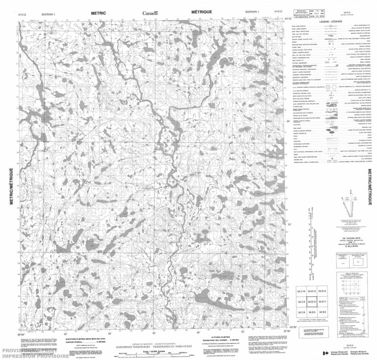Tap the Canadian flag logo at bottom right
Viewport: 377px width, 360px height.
coord(326,353)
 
